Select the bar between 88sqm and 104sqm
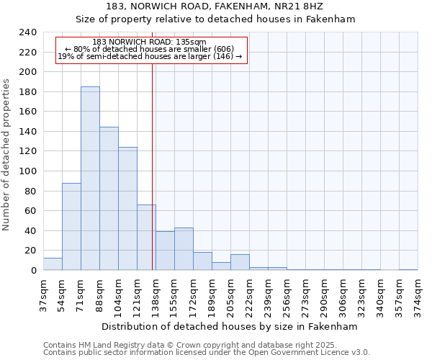[109, 199]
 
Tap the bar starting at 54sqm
[71, 227]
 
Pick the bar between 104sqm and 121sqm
[127, 209]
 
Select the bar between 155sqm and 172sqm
[184, 249]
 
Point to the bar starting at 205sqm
[240, 262]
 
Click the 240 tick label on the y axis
[27, 32]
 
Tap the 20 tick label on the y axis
[30, 251]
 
